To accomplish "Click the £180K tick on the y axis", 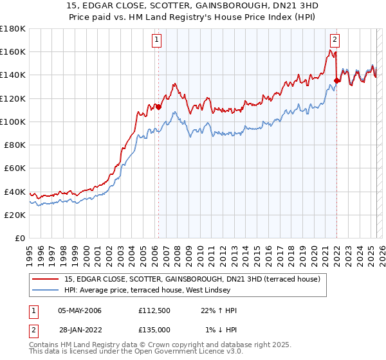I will coord(13,29).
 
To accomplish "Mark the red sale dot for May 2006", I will coord(158,107).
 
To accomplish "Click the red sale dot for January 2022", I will coord(336,80).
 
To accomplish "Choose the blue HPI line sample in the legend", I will coord(45,291).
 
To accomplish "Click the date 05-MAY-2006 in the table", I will coord(80,310).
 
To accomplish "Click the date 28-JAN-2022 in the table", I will coord(80,330).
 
